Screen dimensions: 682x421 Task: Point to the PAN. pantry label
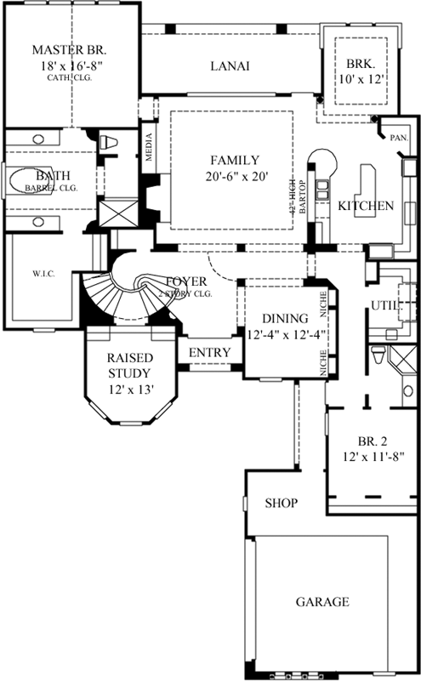point(398,136)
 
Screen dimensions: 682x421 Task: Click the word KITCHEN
point(365,206)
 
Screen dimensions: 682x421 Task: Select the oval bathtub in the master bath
point(29,180)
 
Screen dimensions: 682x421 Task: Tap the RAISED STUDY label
point(128,366)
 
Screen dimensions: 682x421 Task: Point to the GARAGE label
point(321,602)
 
